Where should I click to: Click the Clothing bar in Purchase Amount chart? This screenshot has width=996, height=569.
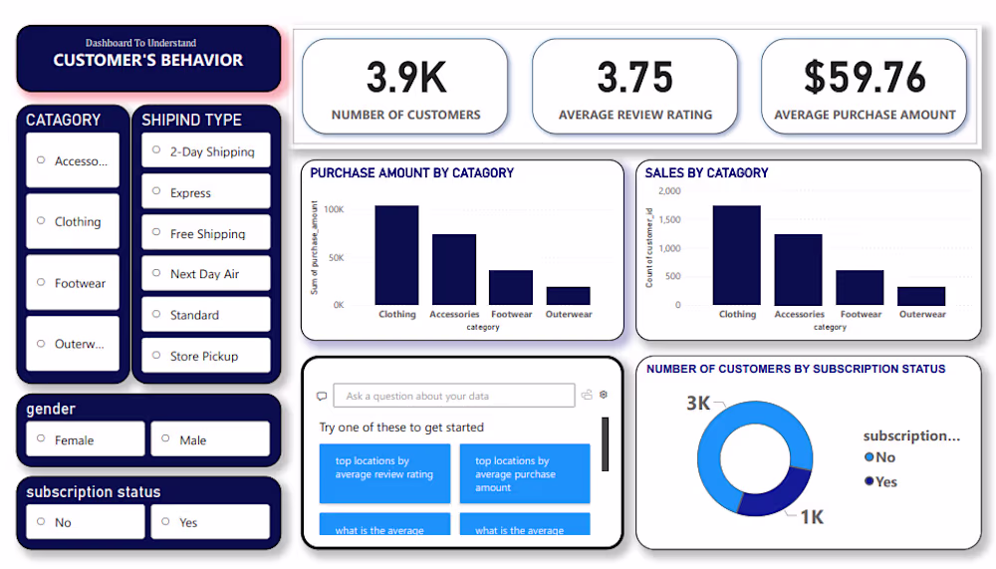click(x=396, y=255)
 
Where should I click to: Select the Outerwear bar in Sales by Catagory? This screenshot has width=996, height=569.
click(x=921, y=296)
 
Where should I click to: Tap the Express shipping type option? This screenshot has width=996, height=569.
click(x=205, y=192)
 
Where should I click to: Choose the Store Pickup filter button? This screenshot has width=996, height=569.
click(x=205, y=356)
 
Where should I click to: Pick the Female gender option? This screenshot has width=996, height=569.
click(x=86, y=439)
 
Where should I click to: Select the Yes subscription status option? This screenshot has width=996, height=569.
click(x=209, y=522)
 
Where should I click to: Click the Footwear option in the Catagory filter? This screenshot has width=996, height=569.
click(x=73, y=283)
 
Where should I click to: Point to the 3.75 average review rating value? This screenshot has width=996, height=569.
click(x=634, y=78)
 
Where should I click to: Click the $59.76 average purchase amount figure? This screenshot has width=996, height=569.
click(x=865, y=78)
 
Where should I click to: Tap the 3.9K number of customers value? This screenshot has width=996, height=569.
click(x=405, y=78)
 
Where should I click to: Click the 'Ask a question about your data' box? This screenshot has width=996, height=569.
click(x=453, y=396)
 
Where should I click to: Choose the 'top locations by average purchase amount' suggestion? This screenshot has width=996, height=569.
click(x=524, y=474)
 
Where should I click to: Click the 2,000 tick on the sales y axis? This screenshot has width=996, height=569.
click(x=669, y=190)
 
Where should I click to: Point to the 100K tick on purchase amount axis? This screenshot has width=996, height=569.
click(x=333, y=210)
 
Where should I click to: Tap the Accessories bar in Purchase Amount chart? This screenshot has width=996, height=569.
click(x=453, y=269)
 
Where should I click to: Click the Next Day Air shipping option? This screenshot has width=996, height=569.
click(x=205, y=274)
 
